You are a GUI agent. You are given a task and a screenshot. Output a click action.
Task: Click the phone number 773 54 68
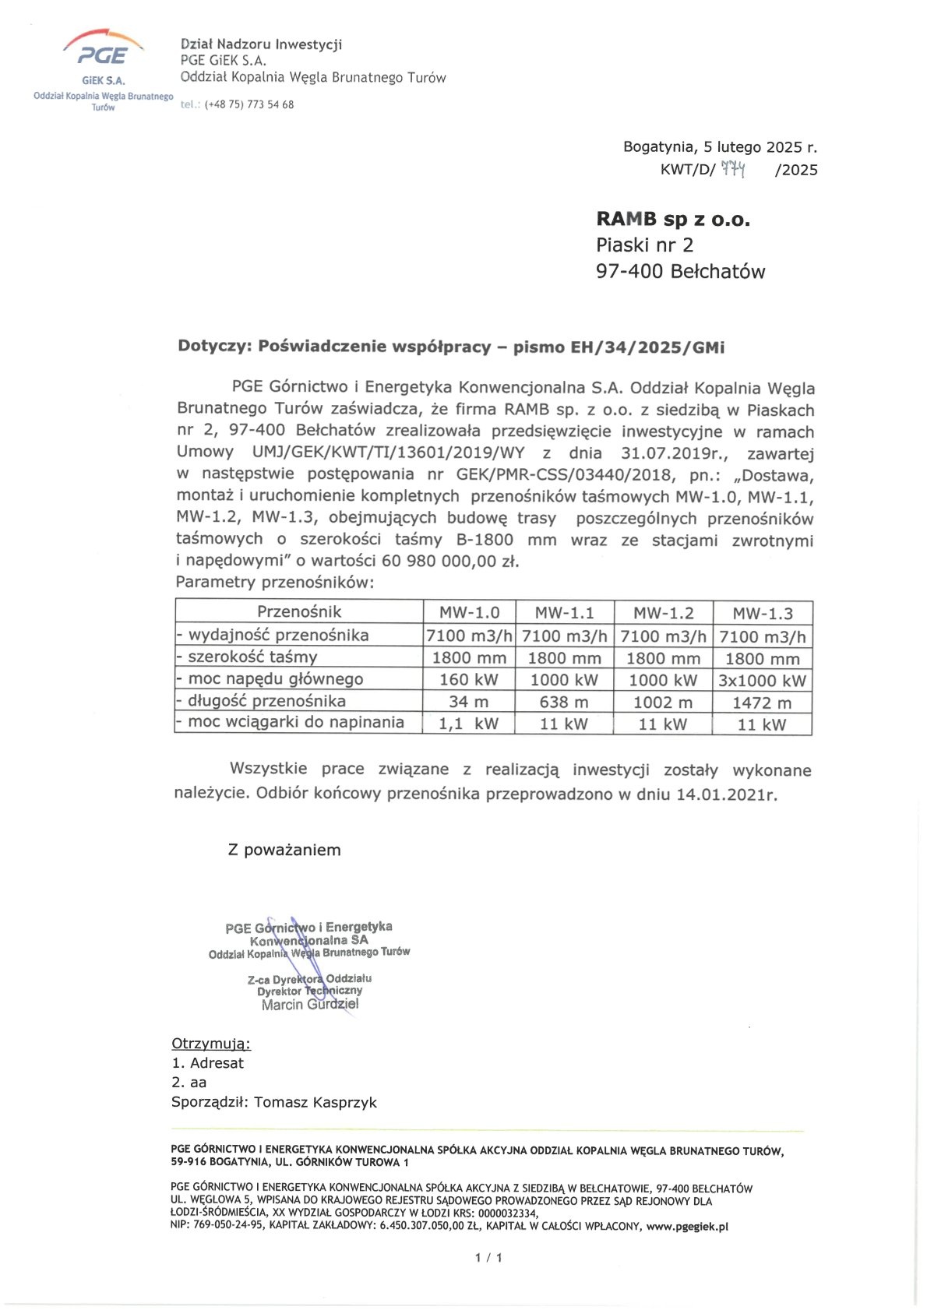click(x=270, y=105)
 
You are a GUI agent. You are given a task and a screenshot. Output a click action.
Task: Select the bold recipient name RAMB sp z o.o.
click(x=672, y=220)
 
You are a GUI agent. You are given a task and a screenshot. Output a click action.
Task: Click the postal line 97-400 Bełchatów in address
click(x=680, y=272)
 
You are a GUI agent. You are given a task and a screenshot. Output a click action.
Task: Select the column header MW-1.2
click(x=663, y=613)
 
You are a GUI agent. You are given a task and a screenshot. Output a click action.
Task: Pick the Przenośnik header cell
click(x=299, y=611)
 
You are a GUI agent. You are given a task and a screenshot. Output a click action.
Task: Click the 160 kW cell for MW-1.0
click(x=469, y=680)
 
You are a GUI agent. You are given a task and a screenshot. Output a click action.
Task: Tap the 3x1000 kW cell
click(x=762, y=681)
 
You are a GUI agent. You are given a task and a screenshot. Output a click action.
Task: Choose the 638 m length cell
click(x=564, y=703)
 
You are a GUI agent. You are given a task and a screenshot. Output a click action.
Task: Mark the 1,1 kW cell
click(x=468, y=724)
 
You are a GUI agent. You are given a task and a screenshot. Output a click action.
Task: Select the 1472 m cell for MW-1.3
click(x=762, y=703)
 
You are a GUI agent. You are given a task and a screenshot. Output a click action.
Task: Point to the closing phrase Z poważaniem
click(x=284, y=850)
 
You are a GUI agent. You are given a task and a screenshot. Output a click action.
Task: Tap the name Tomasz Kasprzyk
click(x=315, y=1102)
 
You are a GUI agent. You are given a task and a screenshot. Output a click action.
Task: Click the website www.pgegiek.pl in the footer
click(x=687, y=1226)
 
